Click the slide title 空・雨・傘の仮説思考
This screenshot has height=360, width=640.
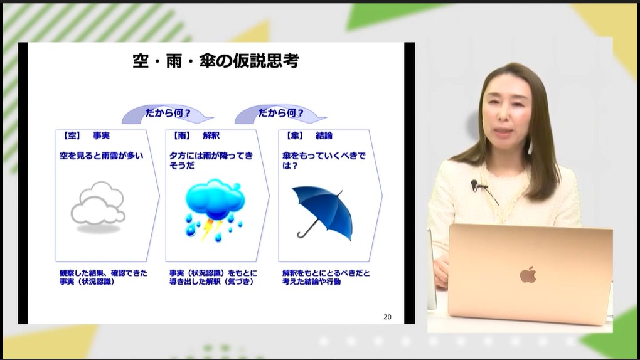tap(215, 61)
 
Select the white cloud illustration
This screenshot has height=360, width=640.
tap(97, 204)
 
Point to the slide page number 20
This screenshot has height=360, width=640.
tap(387, 317)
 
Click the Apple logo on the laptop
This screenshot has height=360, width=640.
tap(528, 275)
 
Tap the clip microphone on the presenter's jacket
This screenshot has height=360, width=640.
tap(475, 185)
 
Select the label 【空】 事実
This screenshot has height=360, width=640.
tap(86, 135)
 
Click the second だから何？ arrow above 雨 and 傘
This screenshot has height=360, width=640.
tap(280, 114)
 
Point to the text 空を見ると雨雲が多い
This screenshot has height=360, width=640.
tap(102, 155)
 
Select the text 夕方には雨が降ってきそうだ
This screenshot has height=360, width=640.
tap(211, 160)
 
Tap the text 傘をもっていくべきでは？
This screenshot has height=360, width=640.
tap(321, 160)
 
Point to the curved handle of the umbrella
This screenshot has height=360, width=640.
tap(302, 234)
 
